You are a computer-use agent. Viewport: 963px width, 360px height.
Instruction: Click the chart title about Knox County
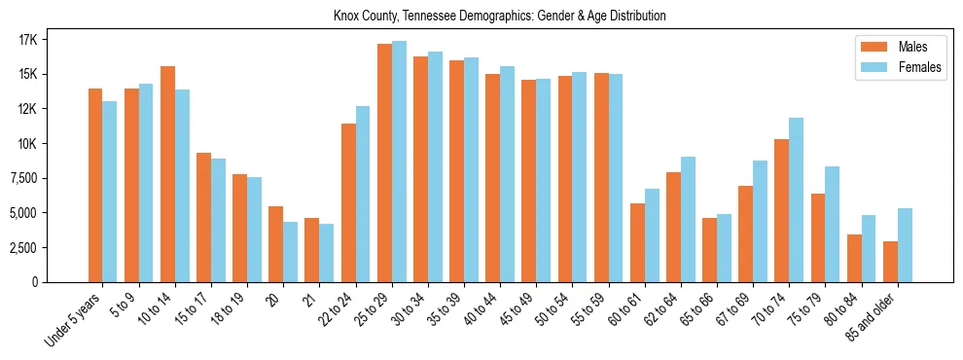[x=499, y=17]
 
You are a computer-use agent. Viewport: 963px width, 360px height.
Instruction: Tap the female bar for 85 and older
[x=905, y=245]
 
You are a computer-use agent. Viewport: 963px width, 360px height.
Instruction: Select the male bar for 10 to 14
[x=167, y=174]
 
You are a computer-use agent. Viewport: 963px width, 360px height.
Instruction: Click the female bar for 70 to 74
[x=796, y=199]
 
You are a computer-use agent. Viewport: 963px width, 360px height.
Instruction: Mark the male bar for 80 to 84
[x=854, y=258]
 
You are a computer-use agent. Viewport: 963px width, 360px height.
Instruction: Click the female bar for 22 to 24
[x=363, y=194]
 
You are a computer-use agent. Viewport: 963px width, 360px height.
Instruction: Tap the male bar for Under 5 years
[x=95, y=185]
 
